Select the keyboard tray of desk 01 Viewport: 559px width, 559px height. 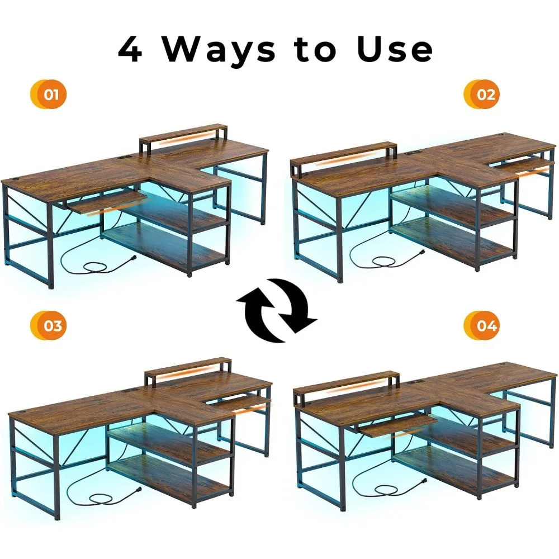point(106,201)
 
